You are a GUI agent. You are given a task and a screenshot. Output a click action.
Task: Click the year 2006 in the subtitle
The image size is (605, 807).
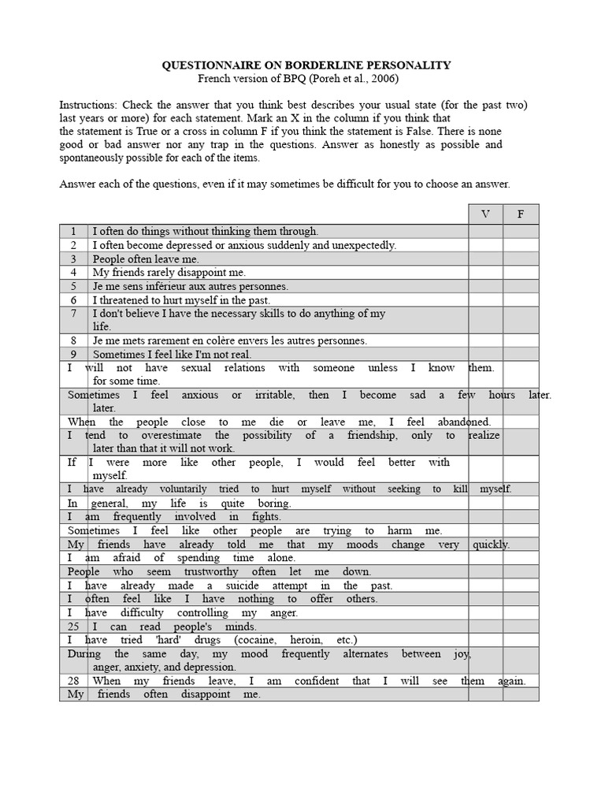point(384,79)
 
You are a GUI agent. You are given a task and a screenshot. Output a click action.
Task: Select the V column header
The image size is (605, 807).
point(485,214)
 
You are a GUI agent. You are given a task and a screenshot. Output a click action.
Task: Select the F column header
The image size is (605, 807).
point(520,214)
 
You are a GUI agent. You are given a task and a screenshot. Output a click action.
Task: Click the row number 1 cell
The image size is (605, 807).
point(73,232)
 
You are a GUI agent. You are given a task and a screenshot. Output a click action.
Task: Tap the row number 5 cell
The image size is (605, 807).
point(73,286)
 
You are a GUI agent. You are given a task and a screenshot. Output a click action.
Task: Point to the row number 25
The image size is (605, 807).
point(74,627)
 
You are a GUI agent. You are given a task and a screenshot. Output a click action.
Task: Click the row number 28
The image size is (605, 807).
point(74,681)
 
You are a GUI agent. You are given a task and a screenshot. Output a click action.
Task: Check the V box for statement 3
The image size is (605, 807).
point(485,258)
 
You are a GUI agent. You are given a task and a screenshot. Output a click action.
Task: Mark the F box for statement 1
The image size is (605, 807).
point(520,232)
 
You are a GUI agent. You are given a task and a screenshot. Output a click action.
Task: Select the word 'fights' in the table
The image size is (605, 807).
point(265,517)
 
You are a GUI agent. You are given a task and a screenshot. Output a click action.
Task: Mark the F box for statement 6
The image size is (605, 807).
point(520,299)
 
